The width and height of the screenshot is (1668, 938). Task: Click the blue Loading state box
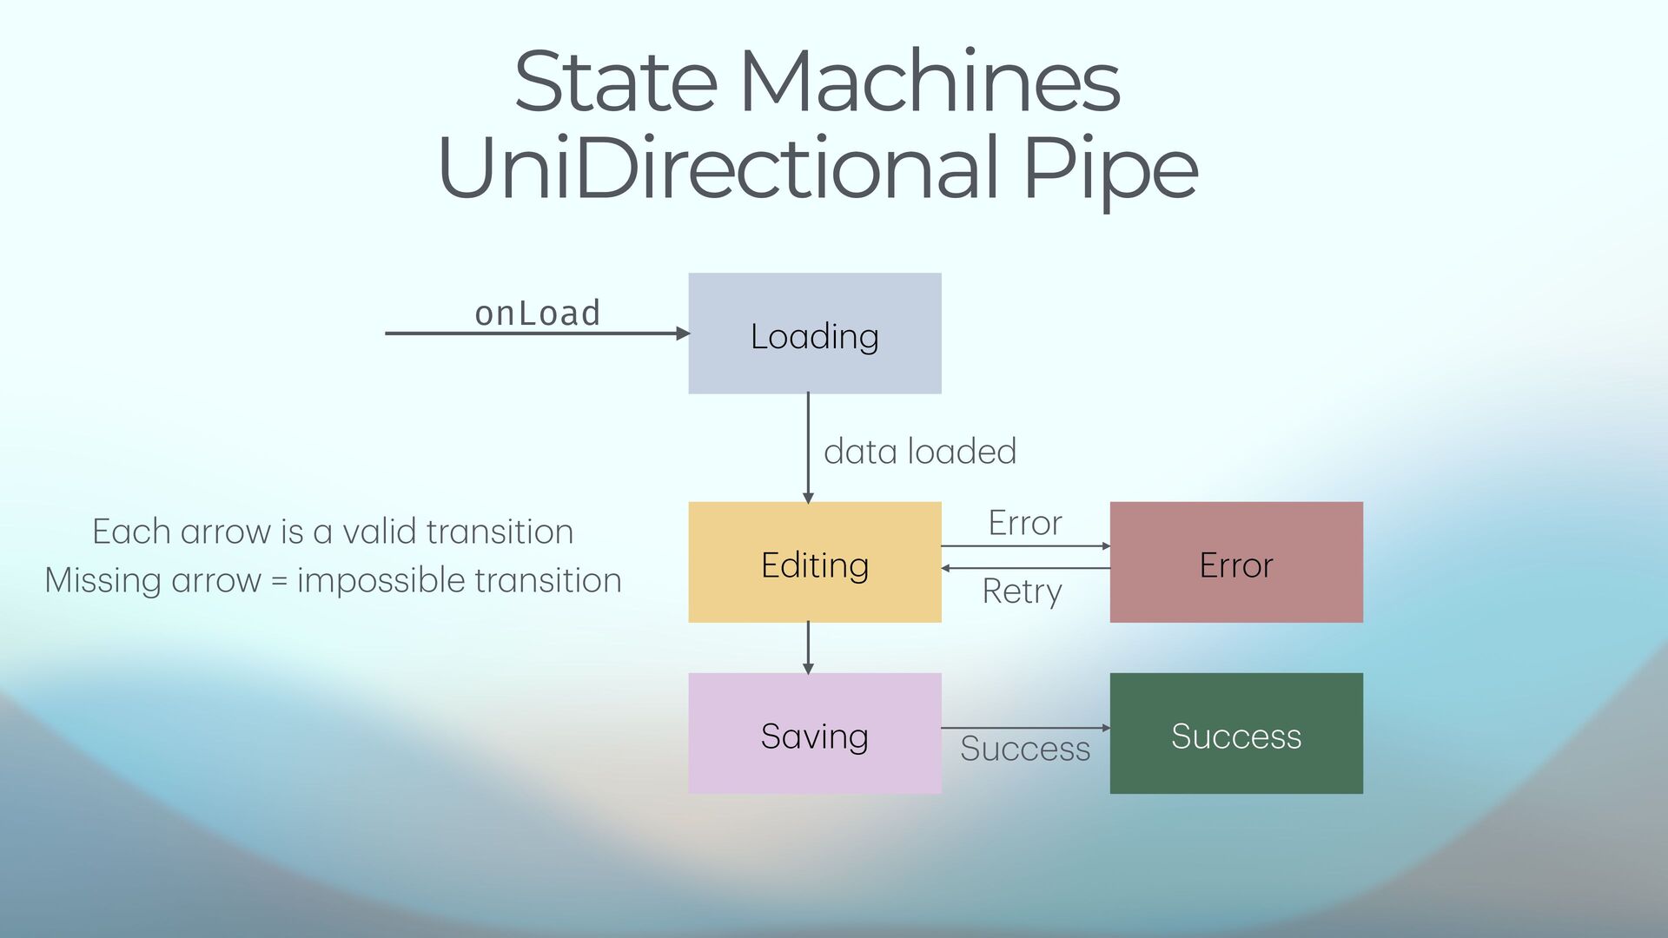coord(814,334)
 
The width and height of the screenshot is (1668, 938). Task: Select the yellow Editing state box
coord(814,562)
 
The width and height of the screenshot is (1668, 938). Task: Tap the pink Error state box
coord(1235,562)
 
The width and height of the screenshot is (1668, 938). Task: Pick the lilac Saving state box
coord(814,733)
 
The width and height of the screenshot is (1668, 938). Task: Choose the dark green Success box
coord(1235,733)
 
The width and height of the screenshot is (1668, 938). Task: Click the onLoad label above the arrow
coord(537,314)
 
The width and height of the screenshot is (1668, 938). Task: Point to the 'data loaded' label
coord(919,452)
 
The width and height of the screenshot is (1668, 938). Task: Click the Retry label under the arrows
coord(1022,592)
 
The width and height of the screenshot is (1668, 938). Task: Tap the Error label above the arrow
coord(1025,523)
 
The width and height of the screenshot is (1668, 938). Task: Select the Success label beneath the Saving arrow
coord(1025,749)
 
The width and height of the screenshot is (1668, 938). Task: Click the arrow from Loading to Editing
coord(808,447)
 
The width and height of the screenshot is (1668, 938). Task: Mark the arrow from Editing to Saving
coord(808,647)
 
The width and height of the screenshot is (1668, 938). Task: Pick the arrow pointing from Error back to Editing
coord(1025,568)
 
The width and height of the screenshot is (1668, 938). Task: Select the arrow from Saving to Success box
coord(1025,728)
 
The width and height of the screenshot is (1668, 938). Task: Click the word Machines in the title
coord(930,82)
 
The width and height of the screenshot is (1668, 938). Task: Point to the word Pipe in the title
coord(1110,168)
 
